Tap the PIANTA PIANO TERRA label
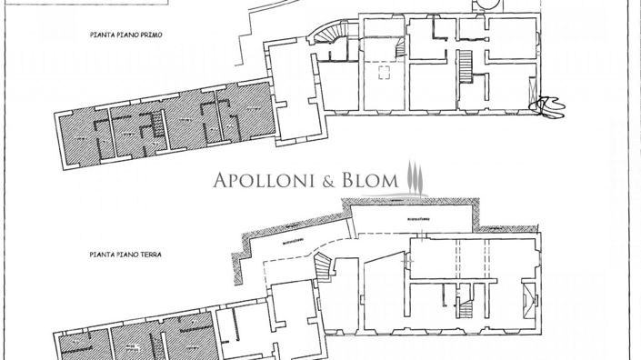pyautogui.click(x=125, y=256)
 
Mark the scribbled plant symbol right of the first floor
pyautogui.click(x=548, y=105)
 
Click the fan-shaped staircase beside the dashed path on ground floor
pyautogui.click(x=324, y=267)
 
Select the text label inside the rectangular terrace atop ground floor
pyautogui.click(x=417, y=219)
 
